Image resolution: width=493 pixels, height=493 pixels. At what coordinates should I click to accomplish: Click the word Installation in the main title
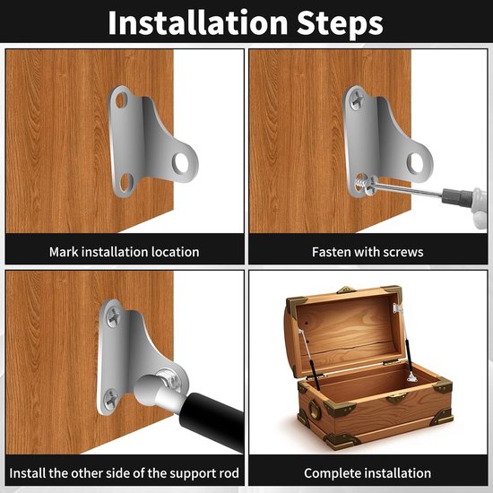(198, 22)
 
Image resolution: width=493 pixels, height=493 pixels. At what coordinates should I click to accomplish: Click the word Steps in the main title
(341, 23)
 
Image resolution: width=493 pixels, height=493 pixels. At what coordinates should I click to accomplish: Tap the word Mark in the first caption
(64, 252)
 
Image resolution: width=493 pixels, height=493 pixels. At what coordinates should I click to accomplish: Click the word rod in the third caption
(229, 473)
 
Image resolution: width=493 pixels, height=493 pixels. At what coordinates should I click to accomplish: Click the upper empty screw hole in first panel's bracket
(121, 99)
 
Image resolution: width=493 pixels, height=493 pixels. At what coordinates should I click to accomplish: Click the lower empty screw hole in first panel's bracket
(126, 182)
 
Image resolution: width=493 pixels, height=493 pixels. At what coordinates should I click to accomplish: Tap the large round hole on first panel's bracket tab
(181, 163)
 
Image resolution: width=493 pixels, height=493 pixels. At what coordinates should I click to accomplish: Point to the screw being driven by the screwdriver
(363, 185)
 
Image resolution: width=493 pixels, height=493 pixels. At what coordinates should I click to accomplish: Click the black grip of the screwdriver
(457, 196)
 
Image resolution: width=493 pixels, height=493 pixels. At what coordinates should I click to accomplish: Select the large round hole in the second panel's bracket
(416, 163)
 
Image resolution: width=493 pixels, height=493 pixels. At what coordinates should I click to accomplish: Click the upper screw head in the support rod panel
(114, 316)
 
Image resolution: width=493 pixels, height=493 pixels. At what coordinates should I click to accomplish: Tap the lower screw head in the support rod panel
(112, 399)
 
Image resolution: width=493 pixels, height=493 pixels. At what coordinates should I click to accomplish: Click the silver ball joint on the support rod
(147, 390)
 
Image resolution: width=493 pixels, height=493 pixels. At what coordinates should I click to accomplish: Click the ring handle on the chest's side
(315, 410)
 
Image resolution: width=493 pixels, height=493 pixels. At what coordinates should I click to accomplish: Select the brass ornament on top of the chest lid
(346, 290)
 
